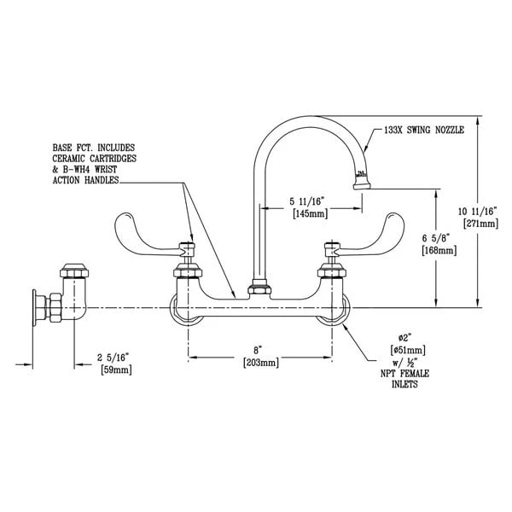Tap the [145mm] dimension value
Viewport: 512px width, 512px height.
[x=307, y=214]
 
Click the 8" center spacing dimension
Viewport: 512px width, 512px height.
[x=258, y=350]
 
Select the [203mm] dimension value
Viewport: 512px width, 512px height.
[x=258, y=363]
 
